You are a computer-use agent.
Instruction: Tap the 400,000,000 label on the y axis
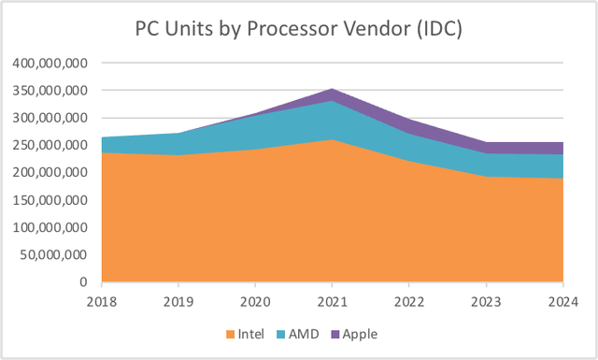click(x=50, y=64)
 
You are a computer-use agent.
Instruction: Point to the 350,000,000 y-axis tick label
click(x=50, y=91)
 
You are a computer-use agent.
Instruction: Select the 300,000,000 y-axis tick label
click(x=50, y=118)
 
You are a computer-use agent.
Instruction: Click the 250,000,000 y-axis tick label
click(x=50, y=145)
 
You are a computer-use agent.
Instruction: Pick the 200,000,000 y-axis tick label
click(x=50, y=172)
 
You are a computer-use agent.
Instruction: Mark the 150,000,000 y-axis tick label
click(x=50, y=199)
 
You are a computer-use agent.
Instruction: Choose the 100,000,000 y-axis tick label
click(x=50, y=227)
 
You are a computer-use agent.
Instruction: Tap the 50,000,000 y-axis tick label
click(x=53, y=254)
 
